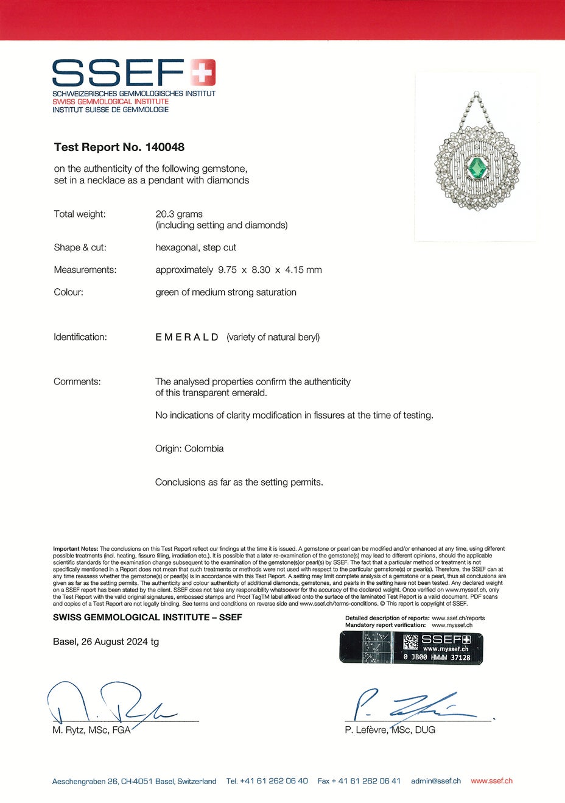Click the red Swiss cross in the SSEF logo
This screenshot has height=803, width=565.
tap(203, 73)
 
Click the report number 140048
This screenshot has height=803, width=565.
tap(164, 147)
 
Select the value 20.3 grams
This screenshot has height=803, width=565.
tap(179, 214)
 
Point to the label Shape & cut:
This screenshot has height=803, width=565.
tap(80, 247)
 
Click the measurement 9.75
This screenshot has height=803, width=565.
tap(225, 270)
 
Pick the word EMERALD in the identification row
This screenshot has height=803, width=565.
tap(187, 337)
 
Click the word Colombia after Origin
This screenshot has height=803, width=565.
tap(204, 448)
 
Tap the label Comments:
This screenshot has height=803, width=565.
tap(77, 381)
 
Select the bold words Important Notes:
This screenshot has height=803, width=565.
tap(75, 549)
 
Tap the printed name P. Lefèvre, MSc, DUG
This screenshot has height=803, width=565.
tap(390, 730)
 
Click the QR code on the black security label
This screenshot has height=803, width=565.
tap(411, 642)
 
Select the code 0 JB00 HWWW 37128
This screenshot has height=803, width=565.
tap(437, 657)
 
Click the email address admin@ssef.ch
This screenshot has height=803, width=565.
tap(435, 780)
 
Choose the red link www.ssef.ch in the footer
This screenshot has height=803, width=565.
tap(491, 780)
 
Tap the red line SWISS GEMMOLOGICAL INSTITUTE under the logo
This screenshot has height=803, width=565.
tap(110, 102)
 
